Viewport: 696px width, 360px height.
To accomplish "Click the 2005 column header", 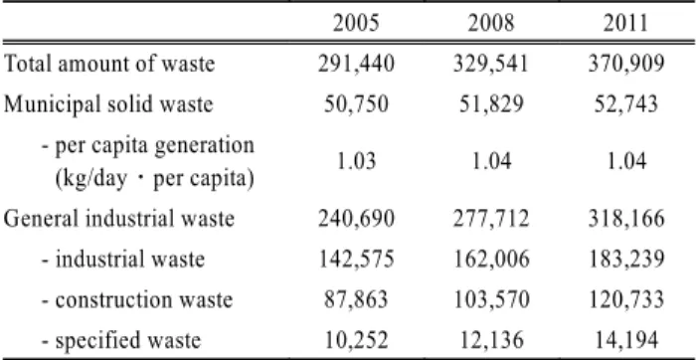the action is click(356, 23).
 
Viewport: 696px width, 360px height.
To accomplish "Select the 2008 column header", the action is click(491, 23).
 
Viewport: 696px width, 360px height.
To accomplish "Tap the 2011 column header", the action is click(625, 23).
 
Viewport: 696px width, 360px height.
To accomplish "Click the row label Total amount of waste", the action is click(109, 64).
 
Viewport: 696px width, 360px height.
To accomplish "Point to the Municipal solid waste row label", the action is click(108, 104).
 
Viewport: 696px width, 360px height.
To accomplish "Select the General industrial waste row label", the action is click(118, 219).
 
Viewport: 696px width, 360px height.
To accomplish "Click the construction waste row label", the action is click(137, 300).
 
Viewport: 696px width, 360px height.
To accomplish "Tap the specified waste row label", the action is click(121, 341).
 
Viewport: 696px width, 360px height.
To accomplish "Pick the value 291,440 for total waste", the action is click(356, 65).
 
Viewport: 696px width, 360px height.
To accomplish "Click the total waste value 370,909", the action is click(626, 65).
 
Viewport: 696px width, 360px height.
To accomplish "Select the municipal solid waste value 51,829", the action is click(491, 104).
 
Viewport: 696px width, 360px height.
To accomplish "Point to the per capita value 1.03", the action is click(356, 161).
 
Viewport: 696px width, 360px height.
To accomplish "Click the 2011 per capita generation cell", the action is click(626, 161).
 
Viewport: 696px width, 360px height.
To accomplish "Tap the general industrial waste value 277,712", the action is click(491, 220).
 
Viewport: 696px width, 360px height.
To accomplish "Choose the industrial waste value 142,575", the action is click(356, 261).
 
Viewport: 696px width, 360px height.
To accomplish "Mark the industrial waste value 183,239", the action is click(626, 261).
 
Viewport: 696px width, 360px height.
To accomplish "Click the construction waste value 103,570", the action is click(491, 300).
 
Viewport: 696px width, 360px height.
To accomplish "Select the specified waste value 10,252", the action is click(356, 341).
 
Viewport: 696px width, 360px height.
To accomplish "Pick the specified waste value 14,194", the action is click(626, 341).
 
